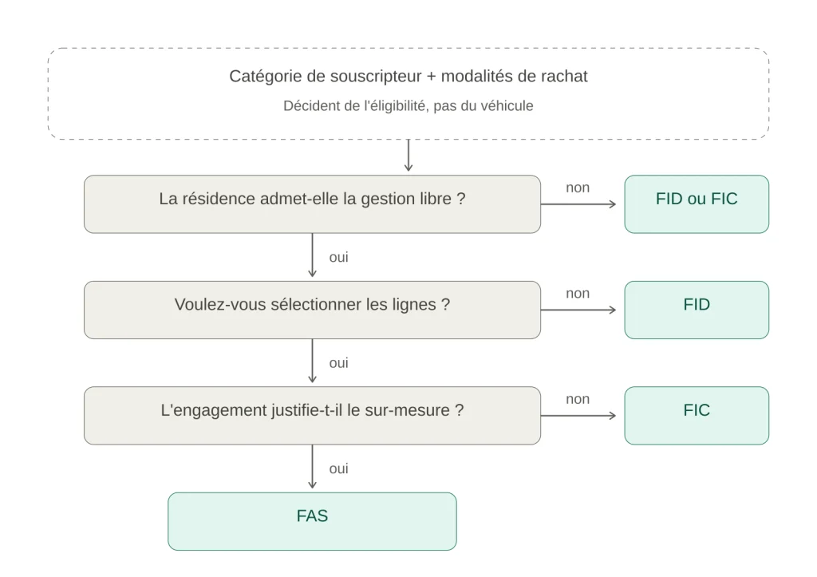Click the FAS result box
click(312, 521)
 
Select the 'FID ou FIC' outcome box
click(697, 204)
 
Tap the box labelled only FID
click(697, 310)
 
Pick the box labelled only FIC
click(697, 416)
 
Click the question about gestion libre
click(312, 204)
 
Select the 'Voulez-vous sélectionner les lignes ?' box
click(312, 310)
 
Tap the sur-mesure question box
click(312, 416)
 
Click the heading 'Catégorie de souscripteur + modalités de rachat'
click(408, 76)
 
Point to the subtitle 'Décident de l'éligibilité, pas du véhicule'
click(408, 106)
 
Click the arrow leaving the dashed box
click(408, 156)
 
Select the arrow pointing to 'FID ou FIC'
click(578, 204)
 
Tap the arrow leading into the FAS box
click(312, 467)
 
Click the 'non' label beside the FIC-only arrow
click(578, 399)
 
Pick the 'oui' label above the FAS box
click(338, 468)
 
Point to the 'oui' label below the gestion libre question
click(338, 257)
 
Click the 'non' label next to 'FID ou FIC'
click(578, 188)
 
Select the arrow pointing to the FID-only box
click(578, 310)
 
